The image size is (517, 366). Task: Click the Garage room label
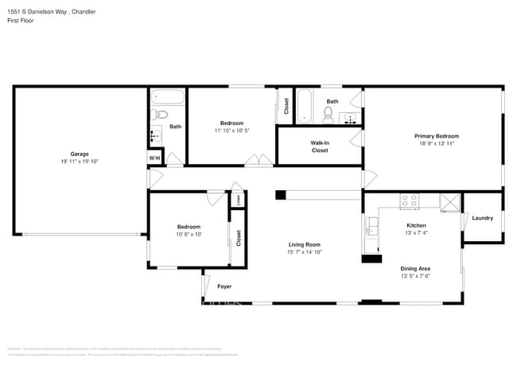pos(79,154)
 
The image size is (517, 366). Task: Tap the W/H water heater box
pos(154,158)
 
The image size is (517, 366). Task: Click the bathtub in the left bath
pos(168,99)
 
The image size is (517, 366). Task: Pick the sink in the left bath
pos(155,134)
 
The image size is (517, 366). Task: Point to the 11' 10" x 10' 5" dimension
pos(231,130)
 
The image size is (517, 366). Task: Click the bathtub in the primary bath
pos(305,106)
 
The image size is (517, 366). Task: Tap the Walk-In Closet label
pos(319,146)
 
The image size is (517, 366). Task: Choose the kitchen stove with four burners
pos(410,202)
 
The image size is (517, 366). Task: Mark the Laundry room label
pos(482,218)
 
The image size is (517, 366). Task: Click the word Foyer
pos(225,286)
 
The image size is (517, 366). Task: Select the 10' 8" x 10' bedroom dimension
pos(189,234)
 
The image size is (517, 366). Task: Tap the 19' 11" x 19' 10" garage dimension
pos(79,162)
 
